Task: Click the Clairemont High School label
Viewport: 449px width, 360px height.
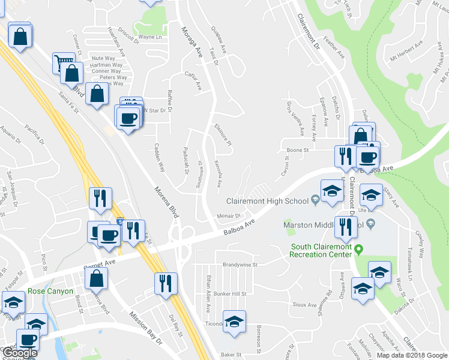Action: [x=267, y=201]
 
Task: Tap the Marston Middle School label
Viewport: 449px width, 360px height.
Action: [x=321, y=225]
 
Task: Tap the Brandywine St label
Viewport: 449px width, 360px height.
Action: [x=240, y=264]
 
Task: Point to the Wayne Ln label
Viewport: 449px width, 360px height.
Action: [x=150, y=37]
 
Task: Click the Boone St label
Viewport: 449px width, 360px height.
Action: [x=297, y=150]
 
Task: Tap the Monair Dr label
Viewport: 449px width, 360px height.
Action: [x=229, y=215]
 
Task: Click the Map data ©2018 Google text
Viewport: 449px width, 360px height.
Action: [x=411, y=355]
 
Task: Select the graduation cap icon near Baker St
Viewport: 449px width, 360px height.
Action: [x=234, y=322]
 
